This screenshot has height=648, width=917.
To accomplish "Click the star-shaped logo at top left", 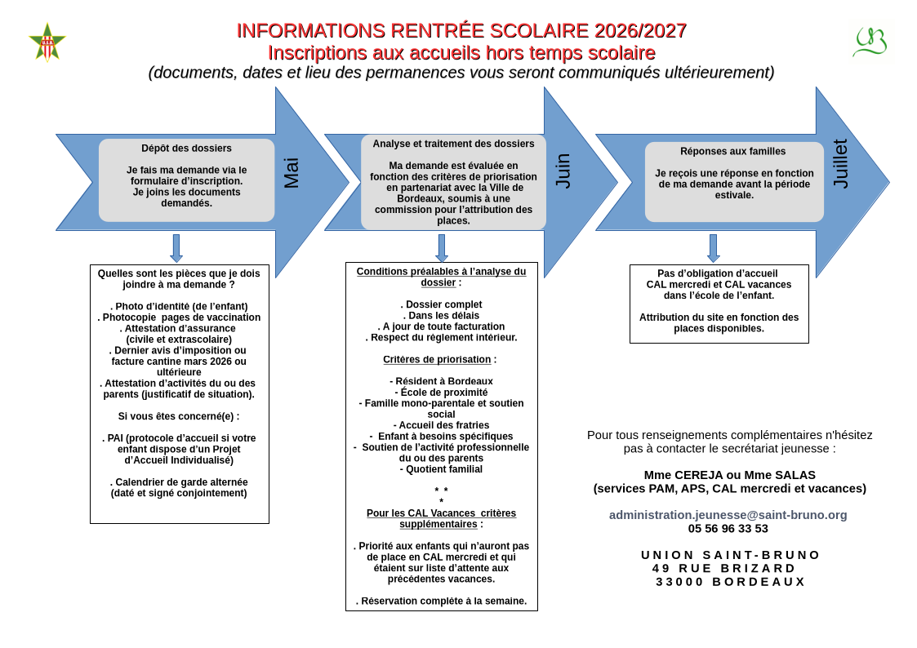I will click(47, 42).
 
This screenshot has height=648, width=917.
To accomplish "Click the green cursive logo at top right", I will click(870, 42).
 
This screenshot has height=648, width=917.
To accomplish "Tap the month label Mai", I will click(292, 173).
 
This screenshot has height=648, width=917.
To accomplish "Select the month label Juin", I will click(563, 171).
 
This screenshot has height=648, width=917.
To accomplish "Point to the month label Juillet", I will click(840, 164).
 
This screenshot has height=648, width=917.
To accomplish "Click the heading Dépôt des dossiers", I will click(186, 149).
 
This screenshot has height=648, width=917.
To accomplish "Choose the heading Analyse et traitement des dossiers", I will click(453, 144).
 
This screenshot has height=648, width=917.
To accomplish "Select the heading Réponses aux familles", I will click(732, 151).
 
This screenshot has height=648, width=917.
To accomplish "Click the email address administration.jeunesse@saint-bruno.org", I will click(728, 515).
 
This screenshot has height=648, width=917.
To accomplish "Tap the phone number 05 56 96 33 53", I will click(728, 528).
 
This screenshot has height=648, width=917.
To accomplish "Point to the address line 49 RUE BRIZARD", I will click(723, 568).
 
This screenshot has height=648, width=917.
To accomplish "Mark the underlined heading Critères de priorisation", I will click(437, 359).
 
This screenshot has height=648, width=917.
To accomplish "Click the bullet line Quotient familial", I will click(441, 469).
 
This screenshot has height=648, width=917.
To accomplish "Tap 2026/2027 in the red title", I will click(640, 31).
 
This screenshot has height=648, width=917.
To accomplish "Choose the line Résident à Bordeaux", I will click(441, 381).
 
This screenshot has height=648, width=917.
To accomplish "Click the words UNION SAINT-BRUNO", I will click(730, 555).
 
